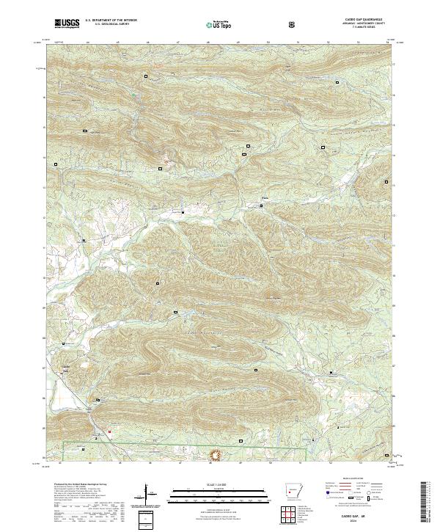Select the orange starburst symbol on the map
tap(216, 455)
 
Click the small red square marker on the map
tap(110, 431)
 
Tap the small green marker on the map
tap(133, 93)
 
